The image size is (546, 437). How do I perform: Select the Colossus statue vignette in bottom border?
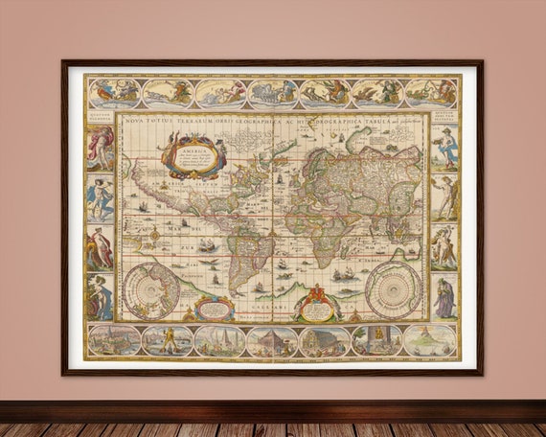click(x=168, y=340)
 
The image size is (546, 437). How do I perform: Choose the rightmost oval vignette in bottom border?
click(x=428, y=340)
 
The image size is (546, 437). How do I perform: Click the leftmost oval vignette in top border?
click(x=115, y=93)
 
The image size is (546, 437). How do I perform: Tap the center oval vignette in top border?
click(x=272, y=93)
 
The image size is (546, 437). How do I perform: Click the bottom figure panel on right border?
click(x=444, y=297)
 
